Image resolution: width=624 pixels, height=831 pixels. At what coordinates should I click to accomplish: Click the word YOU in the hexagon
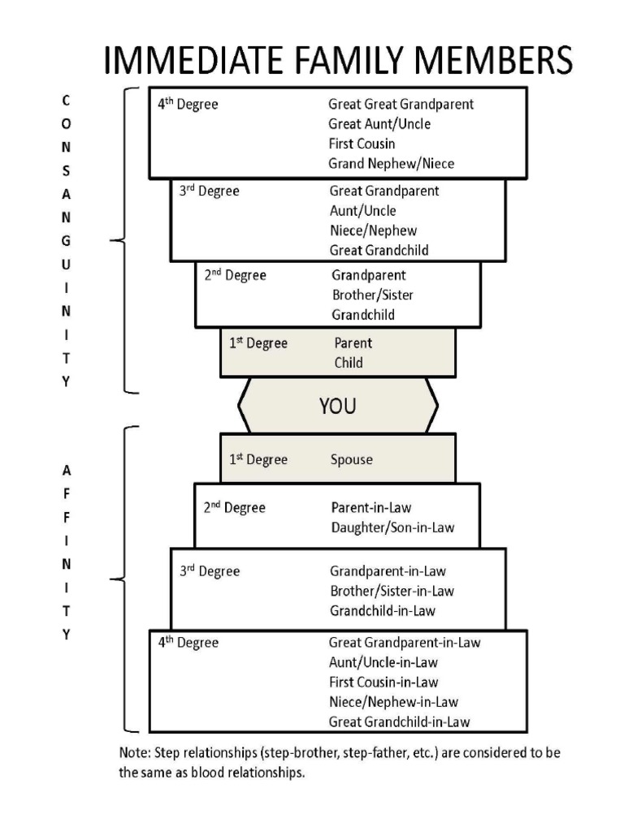click(x=337, y=406)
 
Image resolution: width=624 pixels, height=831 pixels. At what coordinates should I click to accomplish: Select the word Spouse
click(x=351, y=460)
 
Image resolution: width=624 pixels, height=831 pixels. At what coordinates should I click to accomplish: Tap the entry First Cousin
click(x=362, y=144)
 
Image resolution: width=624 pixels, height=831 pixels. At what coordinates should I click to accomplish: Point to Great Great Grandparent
click(x=401, y=105)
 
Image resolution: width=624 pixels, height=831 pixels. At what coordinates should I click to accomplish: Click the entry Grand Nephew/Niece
click(x=391, y=164)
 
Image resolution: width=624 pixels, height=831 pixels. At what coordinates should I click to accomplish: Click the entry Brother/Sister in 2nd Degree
click(x=372, y=295)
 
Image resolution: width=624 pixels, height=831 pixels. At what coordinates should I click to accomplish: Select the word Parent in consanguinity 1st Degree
click(x=353, y=344)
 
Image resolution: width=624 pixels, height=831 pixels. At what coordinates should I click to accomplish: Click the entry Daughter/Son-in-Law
click(x=392, y=527)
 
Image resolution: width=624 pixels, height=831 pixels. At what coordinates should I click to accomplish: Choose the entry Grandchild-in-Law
click(x=388, y=611)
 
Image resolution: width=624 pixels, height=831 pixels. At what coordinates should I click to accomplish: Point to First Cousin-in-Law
click(x=383, y=682)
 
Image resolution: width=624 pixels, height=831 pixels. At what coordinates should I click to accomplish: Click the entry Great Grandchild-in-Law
click(x=399, y=721)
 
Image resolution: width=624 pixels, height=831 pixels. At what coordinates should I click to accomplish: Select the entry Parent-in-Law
click(x=370, y=508)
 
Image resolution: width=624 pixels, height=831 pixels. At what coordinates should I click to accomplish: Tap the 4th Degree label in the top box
click(x=188, y=105)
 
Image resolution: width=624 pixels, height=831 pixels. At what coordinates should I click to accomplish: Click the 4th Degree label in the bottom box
click(x=188, y=643)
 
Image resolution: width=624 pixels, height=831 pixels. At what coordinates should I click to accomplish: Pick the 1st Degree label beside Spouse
click(x=258, y=460)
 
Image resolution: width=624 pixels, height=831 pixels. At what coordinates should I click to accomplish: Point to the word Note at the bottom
click(x=134, y=754)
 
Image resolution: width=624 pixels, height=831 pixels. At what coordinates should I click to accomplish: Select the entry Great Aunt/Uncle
click(x=379, y=124)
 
